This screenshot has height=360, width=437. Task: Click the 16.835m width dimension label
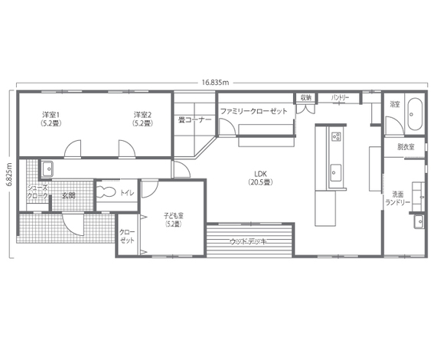[215, 83]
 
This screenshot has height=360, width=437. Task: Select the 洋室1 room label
[51, 119]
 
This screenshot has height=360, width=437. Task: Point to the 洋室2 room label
[143, 119]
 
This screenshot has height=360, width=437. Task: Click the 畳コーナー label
[195, 120]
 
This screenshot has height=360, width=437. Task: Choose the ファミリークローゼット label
[253, 111]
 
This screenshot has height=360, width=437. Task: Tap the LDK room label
[260, 178]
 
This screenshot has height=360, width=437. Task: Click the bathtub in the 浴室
[415, 114]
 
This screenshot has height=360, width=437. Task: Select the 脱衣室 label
[406, 146]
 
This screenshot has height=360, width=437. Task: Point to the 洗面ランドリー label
[398, 198]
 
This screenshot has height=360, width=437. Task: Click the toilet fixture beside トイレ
[106, 191]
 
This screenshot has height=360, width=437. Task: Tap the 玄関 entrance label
[69, 195]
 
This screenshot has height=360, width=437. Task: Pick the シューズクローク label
[38, 191]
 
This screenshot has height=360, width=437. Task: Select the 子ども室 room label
[173, 220]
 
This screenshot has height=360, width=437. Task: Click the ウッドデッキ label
[248, 241]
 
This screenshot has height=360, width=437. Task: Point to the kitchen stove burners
[336, 136]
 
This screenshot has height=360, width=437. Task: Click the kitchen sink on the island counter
[335, 173]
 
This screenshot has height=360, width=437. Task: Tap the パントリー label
[340, 98]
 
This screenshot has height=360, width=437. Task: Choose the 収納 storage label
[305, 97]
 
